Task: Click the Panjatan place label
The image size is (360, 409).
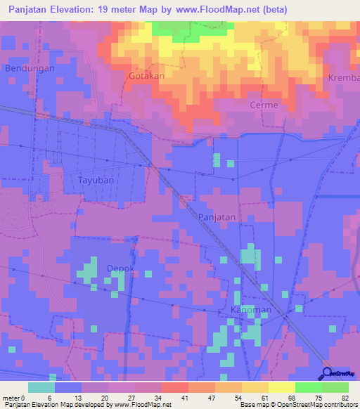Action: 216,217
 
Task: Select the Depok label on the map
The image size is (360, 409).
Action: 120,268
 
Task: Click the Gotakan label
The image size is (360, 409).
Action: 146,75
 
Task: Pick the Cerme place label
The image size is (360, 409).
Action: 264,105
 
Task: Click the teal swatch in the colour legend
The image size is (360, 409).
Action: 41,387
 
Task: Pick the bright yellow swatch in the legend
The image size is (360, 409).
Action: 281,387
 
